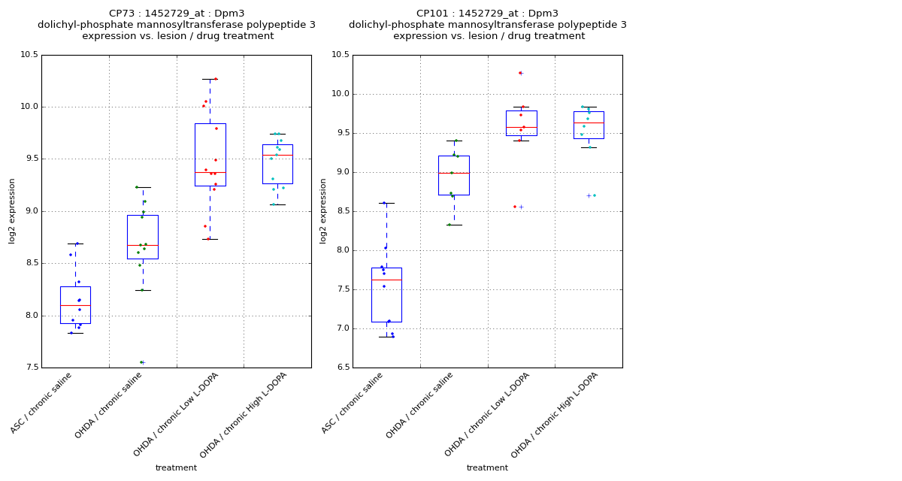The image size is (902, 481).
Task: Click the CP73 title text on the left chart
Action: (177, 14)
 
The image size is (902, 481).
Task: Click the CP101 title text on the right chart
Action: (487, 14)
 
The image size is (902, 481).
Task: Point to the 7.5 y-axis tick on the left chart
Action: (30, 368)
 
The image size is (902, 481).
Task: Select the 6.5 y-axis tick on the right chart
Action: (341, 368)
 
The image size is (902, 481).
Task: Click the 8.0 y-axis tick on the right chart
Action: (341, 250)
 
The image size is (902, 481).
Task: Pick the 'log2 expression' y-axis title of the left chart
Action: (12, 210)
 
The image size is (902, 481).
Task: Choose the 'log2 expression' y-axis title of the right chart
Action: (323, 210)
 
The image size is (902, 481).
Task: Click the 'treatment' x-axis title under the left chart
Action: (176, 468)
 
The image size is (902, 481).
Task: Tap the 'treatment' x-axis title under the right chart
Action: (487, 468)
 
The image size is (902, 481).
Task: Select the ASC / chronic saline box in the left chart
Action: (75, 305)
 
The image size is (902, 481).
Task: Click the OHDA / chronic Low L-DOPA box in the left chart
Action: (210, 154)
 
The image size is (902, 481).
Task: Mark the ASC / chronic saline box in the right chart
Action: (386, 295)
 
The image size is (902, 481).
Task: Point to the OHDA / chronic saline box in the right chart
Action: (454, 175)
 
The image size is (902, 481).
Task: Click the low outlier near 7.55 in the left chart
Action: (141, 362)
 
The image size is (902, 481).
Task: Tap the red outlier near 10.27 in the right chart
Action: (519, 73)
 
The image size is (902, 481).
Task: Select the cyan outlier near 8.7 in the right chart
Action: (594, 195)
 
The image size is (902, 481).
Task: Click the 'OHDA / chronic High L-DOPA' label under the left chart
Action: (245, 414)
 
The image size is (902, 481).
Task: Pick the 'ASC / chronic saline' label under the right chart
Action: (354, 402)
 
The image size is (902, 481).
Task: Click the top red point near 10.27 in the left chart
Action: (216, 79)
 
